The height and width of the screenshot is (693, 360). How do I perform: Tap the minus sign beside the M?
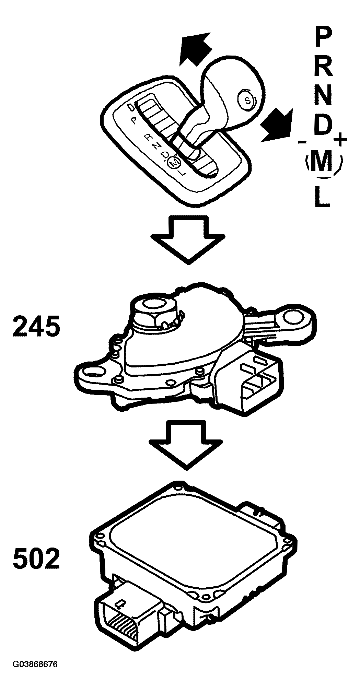[302, 142]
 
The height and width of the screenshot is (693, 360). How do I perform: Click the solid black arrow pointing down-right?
[277, 125]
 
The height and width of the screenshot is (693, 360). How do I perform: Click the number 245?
[36, 326]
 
